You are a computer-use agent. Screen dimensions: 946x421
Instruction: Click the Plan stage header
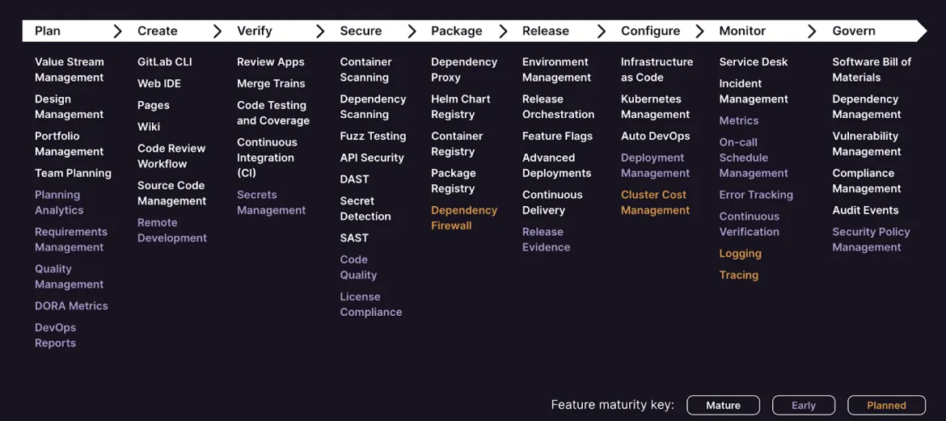tap(48, 31)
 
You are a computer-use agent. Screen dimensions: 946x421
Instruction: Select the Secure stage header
tap(361, 31)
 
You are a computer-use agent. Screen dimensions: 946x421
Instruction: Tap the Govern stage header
tap(854, 31)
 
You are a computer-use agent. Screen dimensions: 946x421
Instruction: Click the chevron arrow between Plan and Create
tap(118, 32)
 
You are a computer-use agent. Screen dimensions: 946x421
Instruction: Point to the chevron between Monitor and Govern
tap(812, 32)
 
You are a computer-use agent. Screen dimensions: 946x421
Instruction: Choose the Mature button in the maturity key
tap(723, 406)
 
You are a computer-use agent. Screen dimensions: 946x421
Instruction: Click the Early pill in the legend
tap(804, 406)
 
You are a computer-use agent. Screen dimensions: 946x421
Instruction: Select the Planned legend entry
tap(886, 406)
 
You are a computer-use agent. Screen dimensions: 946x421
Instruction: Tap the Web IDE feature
tap(159, 83)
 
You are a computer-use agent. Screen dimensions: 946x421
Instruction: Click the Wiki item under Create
tap(149, 127)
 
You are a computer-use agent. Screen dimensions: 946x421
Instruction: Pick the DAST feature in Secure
tap(354, 179)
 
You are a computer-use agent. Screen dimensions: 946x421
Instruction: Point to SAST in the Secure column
tap(354, 238)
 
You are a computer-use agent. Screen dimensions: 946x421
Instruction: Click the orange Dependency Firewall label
tap(464, 217)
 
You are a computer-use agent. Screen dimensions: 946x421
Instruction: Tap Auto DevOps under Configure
tap(655, 137)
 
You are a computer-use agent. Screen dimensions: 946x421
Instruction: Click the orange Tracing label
tap(738, 275)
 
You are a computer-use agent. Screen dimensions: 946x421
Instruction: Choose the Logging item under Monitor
tap(741, 253)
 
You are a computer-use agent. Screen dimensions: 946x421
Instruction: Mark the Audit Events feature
tap(865, 210)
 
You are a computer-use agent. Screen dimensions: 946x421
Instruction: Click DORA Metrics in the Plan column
tap(71, 305)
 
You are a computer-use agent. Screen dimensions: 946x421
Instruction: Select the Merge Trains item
tap(271, 83)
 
